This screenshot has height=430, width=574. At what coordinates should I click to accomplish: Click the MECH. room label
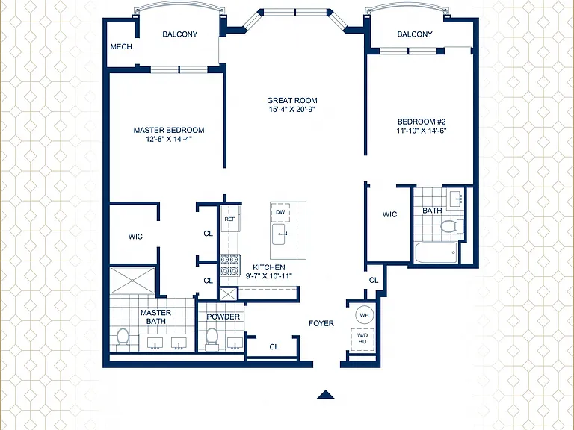click(x=122, y=47)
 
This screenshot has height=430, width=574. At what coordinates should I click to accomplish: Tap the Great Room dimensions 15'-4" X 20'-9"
click(x=291, y=109)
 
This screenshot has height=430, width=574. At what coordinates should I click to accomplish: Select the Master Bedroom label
click(x=169, y=130)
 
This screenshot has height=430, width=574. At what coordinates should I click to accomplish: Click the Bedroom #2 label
click(x=422, y=122)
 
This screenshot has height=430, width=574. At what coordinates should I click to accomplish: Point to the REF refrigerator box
click(x=230, y=219)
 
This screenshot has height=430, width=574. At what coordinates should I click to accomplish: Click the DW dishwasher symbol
click(x=280, y=212)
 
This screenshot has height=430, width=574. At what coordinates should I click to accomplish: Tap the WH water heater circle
click(x=364, y=315)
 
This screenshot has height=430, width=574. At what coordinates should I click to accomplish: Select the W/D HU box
click(x=362, y=339)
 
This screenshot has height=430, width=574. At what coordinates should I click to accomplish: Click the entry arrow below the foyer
click(x=325, y=394)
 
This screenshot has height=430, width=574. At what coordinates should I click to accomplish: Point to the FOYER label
click(x=321, y=323)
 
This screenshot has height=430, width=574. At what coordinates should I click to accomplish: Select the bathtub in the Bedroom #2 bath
click(x=436, y=252)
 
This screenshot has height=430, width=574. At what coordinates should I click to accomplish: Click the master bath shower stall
click(x=132, y=281)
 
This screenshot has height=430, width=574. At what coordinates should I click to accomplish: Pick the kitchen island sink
click(x=280, y=234)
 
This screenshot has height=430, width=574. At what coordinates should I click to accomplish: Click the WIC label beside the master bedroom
click(x=135, y=237)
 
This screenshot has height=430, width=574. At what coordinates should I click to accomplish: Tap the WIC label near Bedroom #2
click(x=389, y=214)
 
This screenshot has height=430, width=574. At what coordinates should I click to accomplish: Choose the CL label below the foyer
click(x=274, y=346)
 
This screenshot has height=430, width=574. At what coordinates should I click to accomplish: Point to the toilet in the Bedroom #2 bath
click(x=450, y=226)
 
